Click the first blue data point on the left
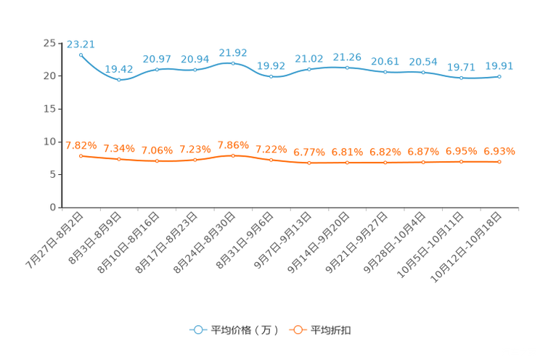[81, 54]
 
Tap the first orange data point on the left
[81, 155]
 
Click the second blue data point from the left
[119, 79]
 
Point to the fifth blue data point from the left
[233, 63]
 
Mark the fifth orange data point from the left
[233, 155]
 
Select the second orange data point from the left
[119, 159]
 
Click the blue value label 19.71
[461, 67]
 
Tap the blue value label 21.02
[308, 59]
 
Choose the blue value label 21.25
[347, 57]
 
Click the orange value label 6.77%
[308, 152]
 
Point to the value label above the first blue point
[81, 44]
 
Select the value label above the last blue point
[499, 66]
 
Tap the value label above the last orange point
[499, 151]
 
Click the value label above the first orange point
[81, 144]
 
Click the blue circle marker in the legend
[197, 330]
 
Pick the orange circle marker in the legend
[297, 330]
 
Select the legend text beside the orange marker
[331, 330]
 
